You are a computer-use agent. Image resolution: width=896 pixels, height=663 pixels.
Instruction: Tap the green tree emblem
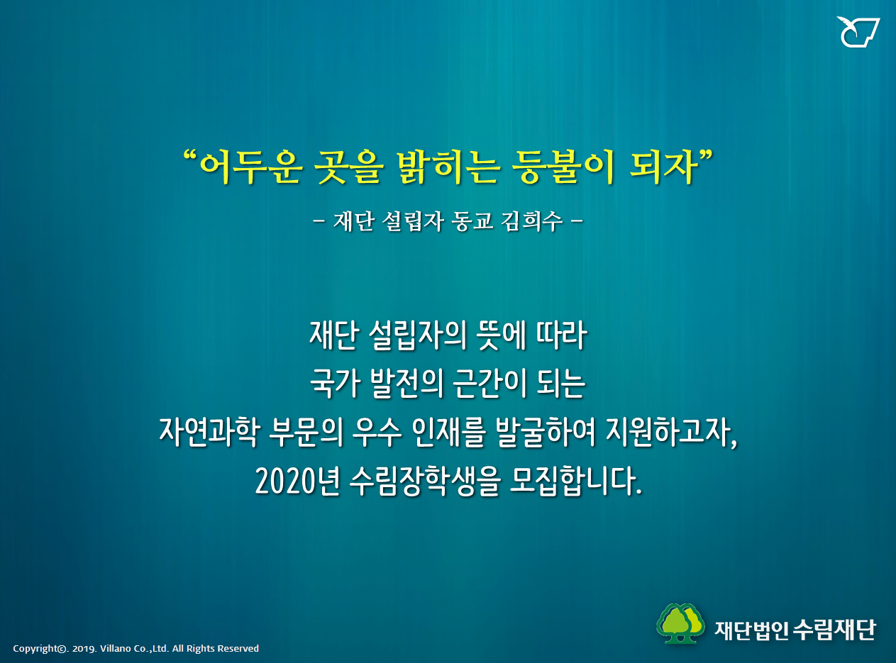coord(680,623)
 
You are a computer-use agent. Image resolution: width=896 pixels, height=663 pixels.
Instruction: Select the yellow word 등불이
coord(563,167)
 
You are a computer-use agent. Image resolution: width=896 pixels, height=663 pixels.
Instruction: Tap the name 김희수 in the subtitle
coord(531,221)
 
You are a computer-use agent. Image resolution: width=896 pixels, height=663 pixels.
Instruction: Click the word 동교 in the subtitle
coord(472,221)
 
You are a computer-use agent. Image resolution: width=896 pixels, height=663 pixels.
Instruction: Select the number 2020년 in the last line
coord(297,481)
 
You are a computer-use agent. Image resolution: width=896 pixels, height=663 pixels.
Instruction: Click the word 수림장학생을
coord(426,481)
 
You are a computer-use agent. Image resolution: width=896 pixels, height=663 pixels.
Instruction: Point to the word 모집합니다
coord(575,481)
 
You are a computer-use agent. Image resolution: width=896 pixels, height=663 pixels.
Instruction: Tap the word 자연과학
coord(209,432)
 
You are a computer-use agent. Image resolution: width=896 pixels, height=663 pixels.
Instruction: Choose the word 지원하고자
coord(671,432)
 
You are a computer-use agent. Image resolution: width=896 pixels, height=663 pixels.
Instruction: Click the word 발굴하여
coord(545,432)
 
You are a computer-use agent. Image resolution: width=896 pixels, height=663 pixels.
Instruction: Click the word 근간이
coord(490,383)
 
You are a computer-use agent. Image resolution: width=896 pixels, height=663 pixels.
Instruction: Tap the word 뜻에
coord(501,335)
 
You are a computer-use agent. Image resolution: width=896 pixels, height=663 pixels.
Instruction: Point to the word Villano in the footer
coord(115,649)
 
